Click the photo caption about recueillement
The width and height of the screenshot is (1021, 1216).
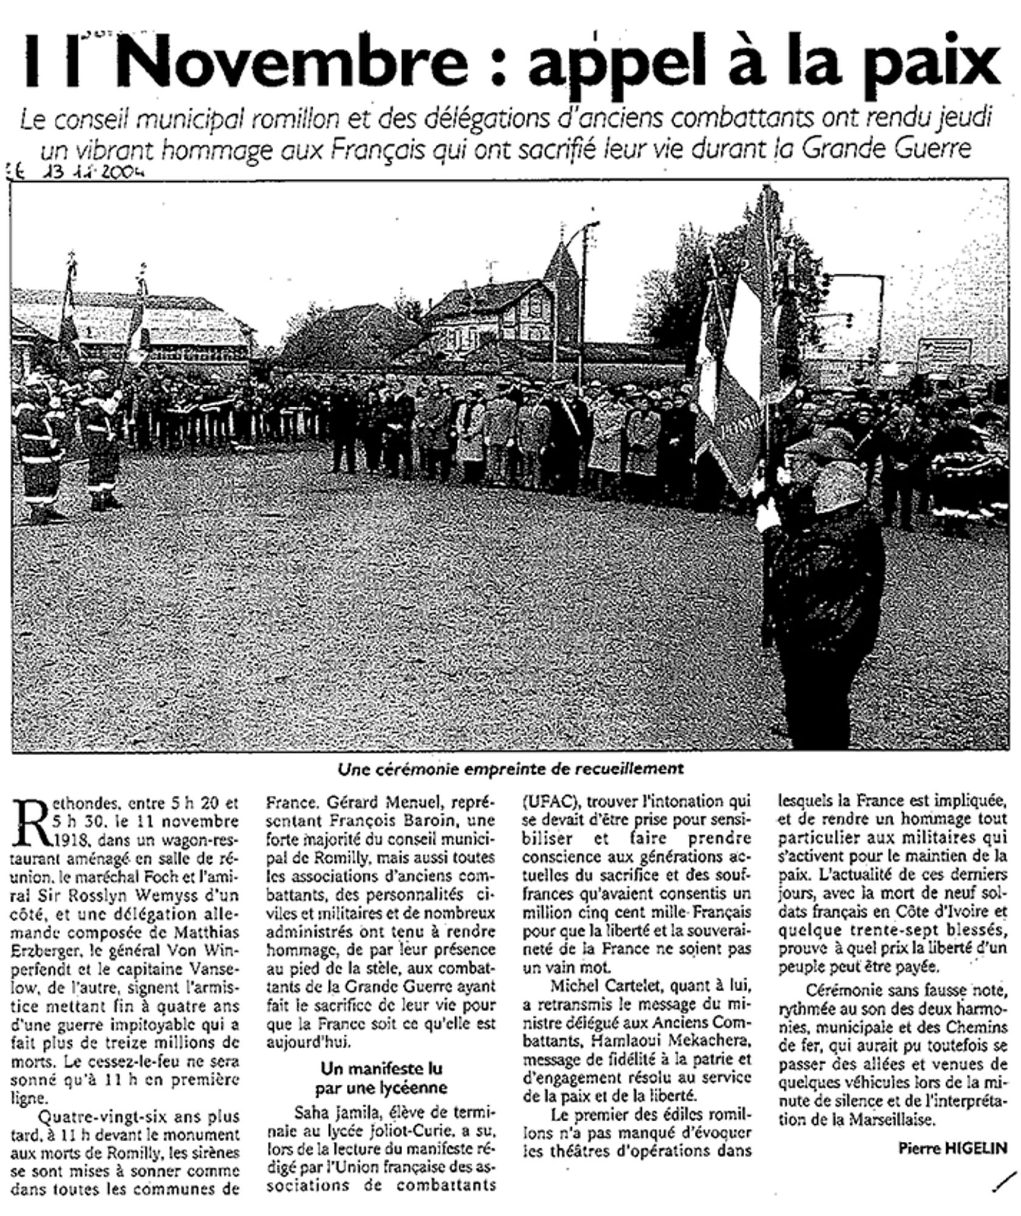click(x=510, y=769)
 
